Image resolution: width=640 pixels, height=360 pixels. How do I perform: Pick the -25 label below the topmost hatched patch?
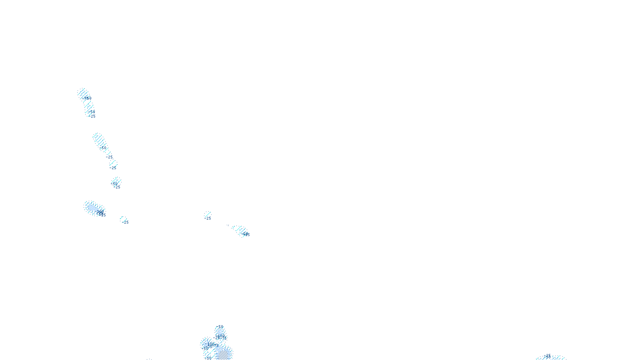pos(92,116)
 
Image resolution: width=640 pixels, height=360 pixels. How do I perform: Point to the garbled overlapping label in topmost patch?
pos(87,98)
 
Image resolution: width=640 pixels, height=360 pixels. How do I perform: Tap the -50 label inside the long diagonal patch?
pos(104,148)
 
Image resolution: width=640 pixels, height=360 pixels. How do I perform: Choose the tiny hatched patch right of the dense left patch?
pos(123,218)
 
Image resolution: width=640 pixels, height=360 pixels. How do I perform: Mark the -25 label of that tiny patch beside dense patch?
pos(126,222)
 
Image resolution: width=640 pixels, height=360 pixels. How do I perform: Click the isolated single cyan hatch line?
pos(208,214)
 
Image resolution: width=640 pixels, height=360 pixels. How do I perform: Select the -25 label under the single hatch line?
pos(208,218)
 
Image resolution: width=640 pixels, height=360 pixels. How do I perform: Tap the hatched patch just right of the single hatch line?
pos(238,229)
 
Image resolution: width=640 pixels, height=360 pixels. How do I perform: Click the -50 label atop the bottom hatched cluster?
pos(220,327)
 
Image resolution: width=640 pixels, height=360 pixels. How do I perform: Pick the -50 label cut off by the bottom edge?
pos(208,358)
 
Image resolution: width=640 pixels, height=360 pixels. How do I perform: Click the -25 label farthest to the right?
pos(547,356)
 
